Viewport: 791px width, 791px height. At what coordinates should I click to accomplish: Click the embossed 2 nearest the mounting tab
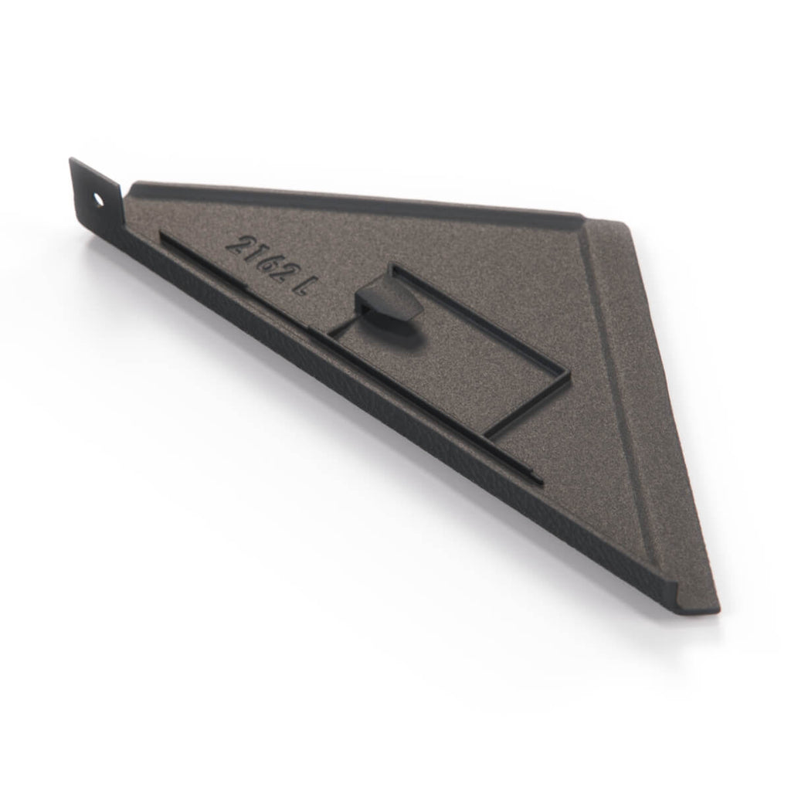coord(236,243)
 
